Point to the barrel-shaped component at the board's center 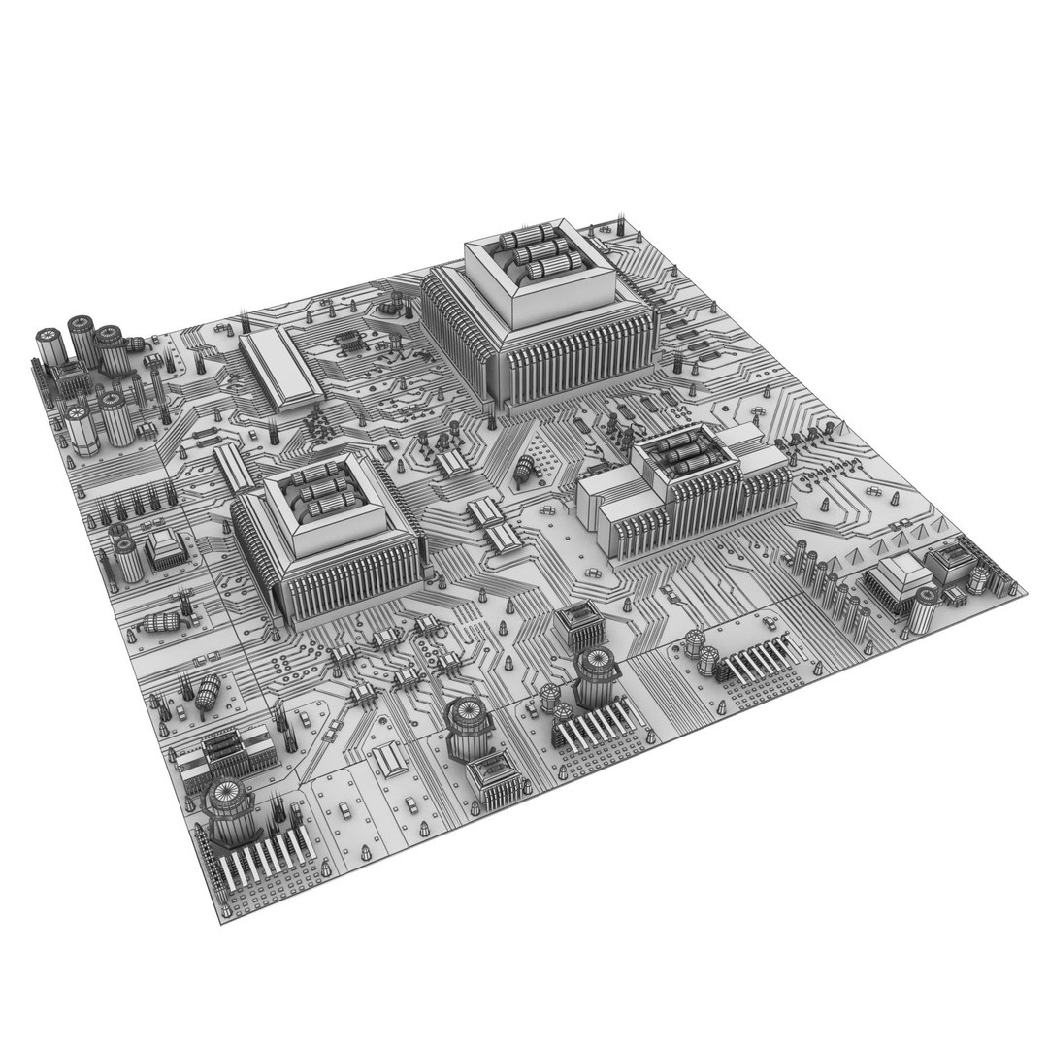(527, 470)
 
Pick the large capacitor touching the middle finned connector (597, 679)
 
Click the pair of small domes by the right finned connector (702, 648)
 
